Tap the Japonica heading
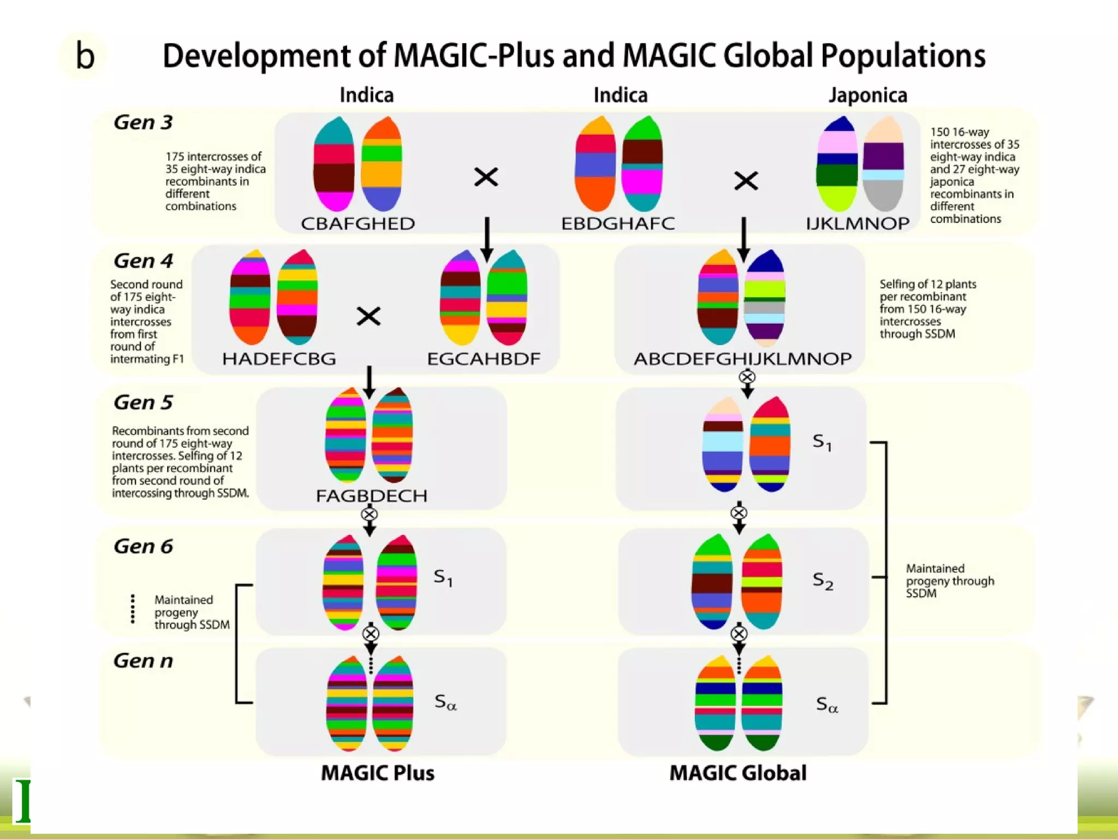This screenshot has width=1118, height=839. (x=867, y=96)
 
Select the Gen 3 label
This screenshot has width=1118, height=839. (x=143, y=122)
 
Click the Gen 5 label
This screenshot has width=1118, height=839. (x=143, y=403)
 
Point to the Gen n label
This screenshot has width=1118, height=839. (x=143, y=661)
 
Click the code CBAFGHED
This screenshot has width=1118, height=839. (x=358, y=223)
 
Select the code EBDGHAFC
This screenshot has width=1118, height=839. (x=618, y=223)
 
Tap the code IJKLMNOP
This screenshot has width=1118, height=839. (x=857, y=223)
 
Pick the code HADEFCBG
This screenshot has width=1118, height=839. (x=279, y=359)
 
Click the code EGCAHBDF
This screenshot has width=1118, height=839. (x=484, y=359)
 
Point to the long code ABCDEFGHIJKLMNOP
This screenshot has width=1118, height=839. (x=742, y=359)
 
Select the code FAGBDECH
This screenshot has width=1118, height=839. (x=371, y=496)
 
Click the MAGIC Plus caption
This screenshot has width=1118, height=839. (x=378, y=773)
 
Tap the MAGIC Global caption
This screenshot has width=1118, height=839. (x=738, y=773)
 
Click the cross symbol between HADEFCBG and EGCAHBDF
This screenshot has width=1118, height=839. (x=368, y=316)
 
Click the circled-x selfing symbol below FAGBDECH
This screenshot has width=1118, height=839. (x=370, y=515)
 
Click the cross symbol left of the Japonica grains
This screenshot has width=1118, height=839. (x=746, y=180)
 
